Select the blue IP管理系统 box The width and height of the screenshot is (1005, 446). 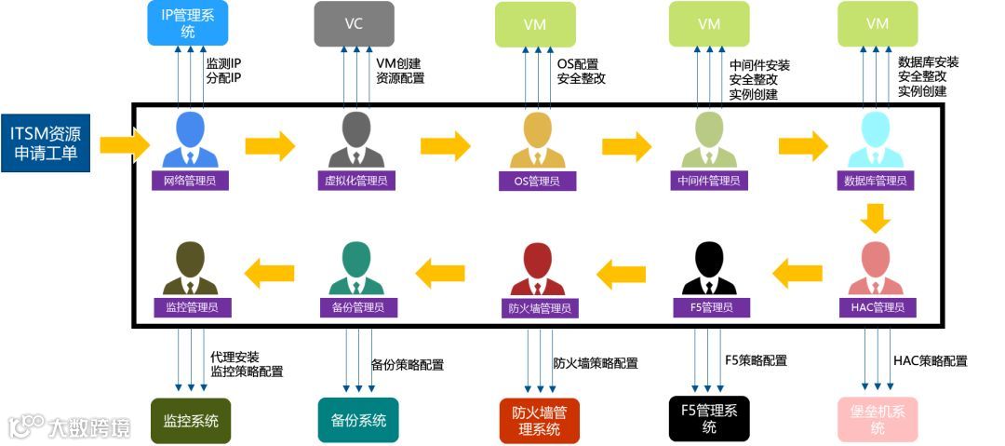pos(187,22)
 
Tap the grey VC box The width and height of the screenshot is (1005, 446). pos(354,23)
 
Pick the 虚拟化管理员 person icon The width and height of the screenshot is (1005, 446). pos(355,141)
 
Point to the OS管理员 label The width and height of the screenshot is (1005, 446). pos(529,181)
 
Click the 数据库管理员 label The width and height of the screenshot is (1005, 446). pos(876,181)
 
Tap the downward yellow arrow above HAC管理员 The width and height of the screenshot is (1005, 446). pos(876,219)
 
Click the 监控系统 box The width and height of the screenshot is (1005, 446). pos(191,420)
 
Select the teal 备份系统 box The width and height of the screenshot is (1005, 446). pos(358,420)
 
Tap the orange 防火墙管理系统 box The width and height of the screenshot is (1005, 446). pos(540,420)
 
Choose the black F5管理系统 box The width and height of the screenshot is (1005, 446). pos(709,418)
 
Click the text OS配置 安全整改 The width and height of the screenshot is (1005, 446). pos(582,72)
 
